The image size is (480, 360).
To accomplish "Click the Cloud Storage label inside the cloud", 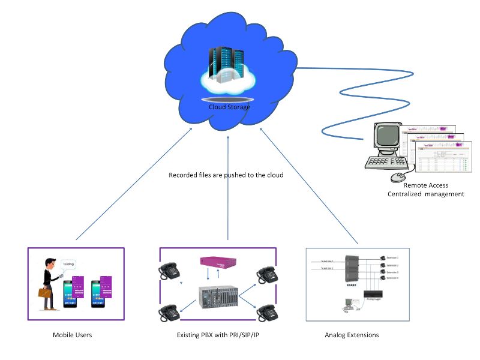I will pos(229,107).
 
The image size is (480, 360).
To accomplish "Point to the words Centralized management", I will pos(426,194).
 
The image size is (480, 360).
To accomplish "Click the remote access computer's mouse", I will pos(398,177).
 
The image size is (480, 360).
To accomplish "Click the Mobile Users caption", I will pos(72,335).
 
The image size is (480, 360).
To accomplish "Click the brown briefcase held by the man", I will pos(46,293).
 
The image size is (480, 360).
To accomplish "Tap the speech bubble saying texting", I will pos(68,265).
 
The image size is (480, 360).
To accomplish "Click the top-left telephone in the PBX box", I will pos(169,272).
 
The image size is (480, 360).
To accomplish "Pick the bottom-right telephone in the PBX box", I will pos(266,313).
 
